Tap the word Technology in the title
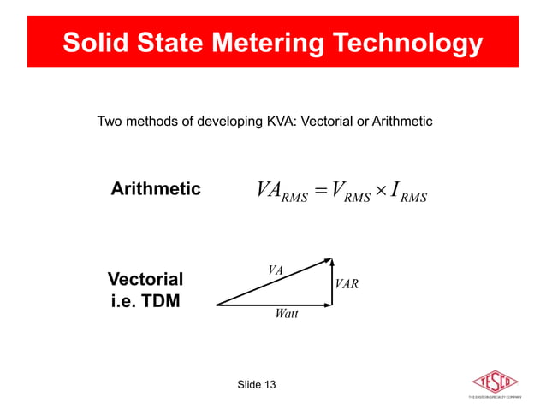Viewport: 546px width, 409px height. (x=417, y=43)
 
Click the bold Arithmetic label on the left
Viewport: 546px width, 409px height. (x=156, y=188)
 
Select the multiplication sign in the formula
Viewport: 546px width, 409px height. (x=380, y=190)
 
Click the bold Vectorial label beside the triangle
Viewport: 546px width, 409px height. (x=145, y=279)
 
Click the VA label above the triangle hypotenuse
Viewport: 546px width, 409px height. (x=275, y=270)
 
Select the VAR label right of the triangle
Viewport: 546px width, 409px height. (x=347, y=283)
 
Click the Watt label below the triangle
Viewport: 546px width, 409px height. (x=287, y=314)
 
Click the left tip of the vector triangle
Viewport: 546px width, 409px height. (x=218, y=304)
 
